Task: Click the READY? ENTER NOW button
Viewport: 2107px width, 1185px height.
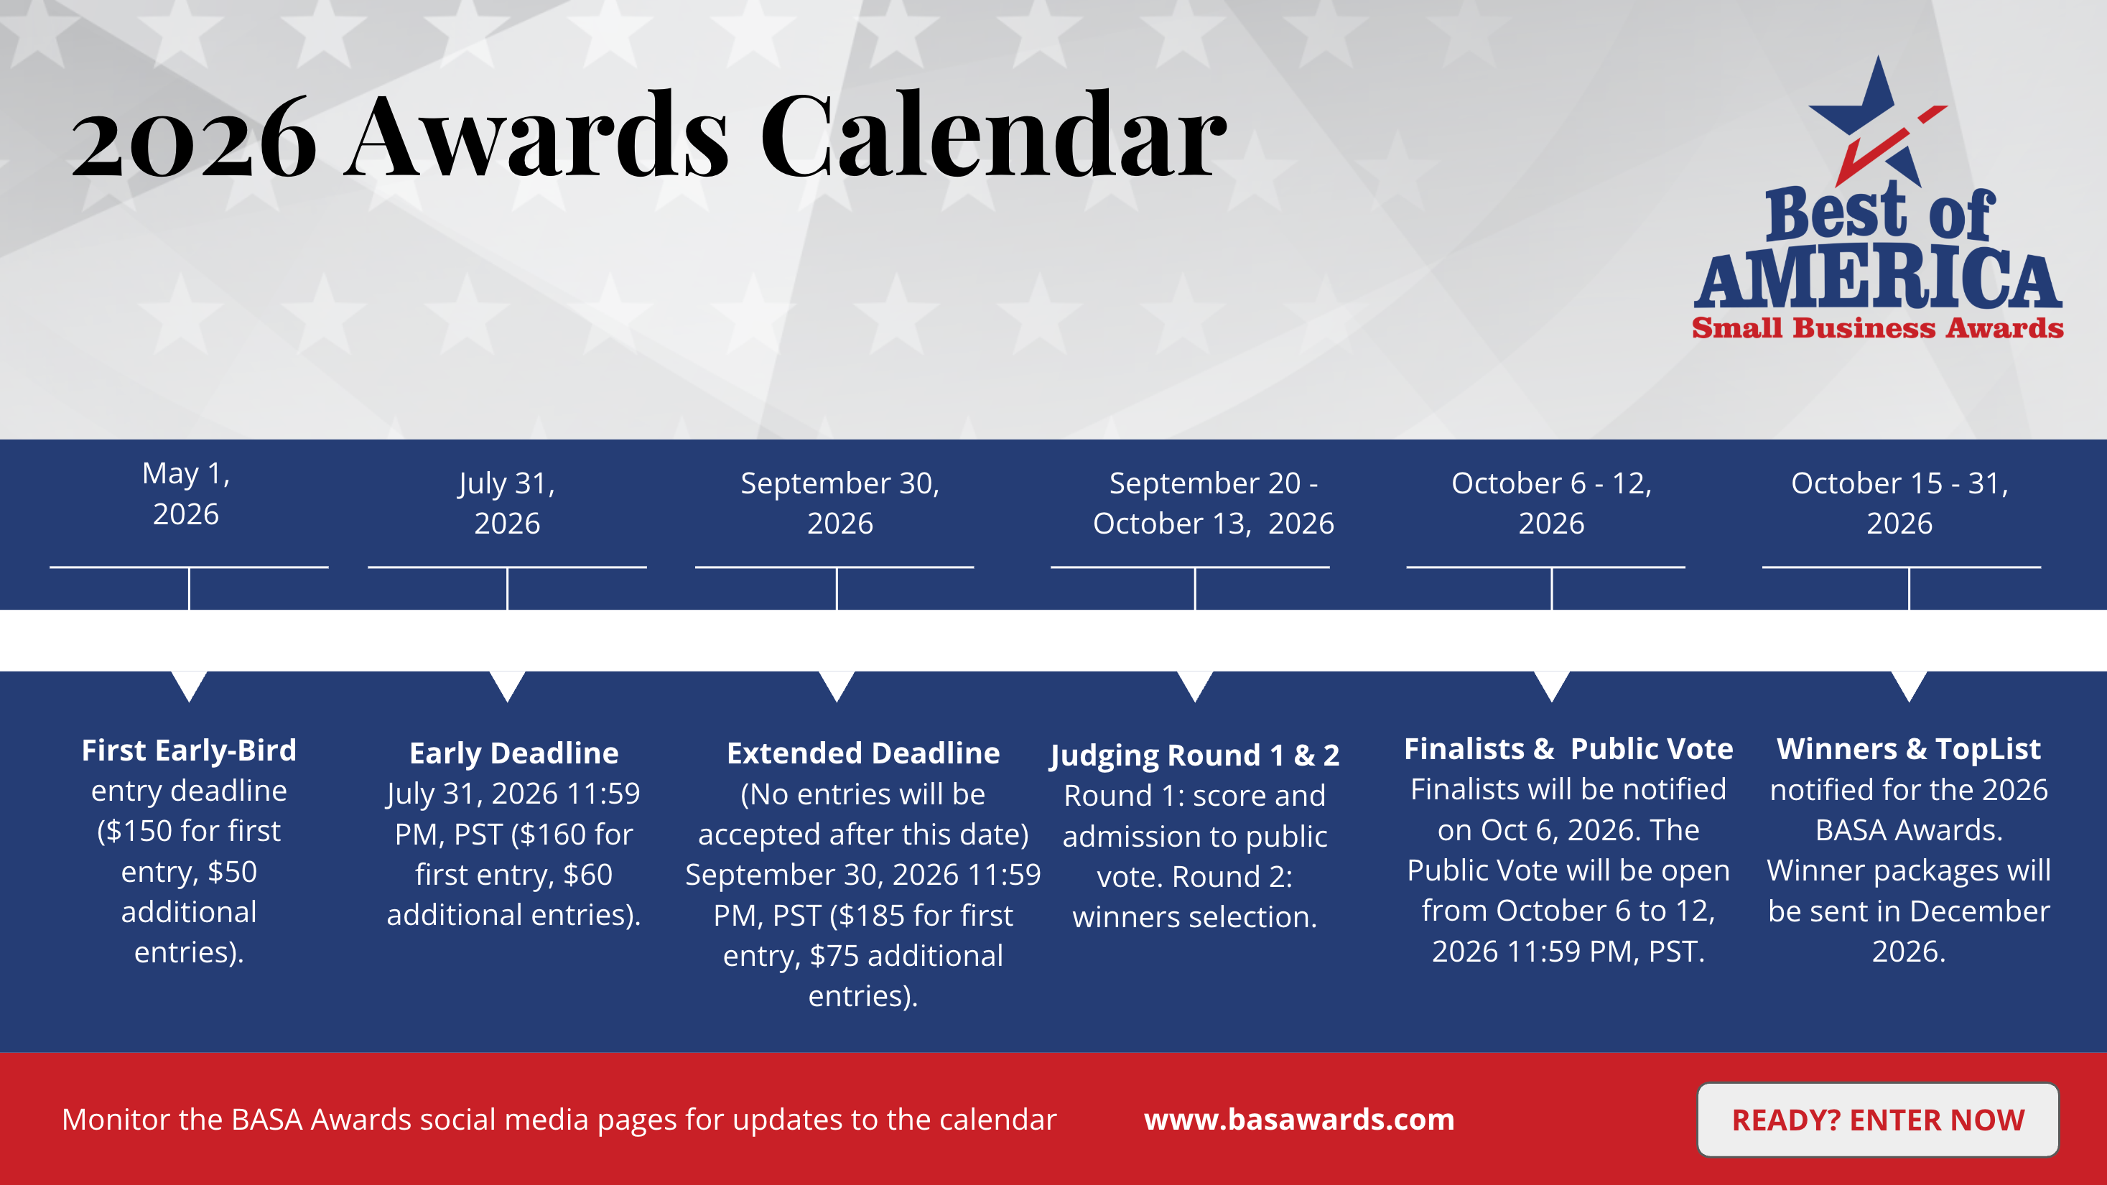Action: (x=1878, y=1120)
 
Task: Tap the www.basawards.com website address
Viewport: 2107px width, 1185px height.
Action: (x=1299, y=1119)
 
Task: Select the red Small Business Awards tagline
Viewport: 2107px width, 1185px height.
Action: (x=1878, y=328)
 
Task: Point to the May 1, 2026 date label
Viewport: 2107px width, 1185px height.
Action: (x=187, y=494)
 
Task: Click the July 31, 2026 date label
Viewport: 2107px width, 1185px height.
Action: (x=507, y=503)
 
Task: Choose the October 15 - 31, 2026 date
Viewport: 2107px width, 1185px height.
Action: (x=1899, y=503)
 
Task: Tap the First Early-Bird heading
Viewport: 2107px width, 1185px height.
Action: (x=189, y=750)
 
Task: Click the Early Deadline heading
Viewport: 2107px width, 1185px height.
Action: (x=513, y=753)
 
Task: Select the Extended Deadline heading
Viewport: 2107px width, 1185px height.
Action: (x=863, y=753)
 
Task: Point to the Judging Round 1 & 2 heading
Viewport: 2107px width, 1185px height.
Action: (x=1195, y=755)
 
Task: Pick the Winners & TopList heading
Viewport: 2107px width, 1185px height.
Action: (x=1909, y=748)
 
